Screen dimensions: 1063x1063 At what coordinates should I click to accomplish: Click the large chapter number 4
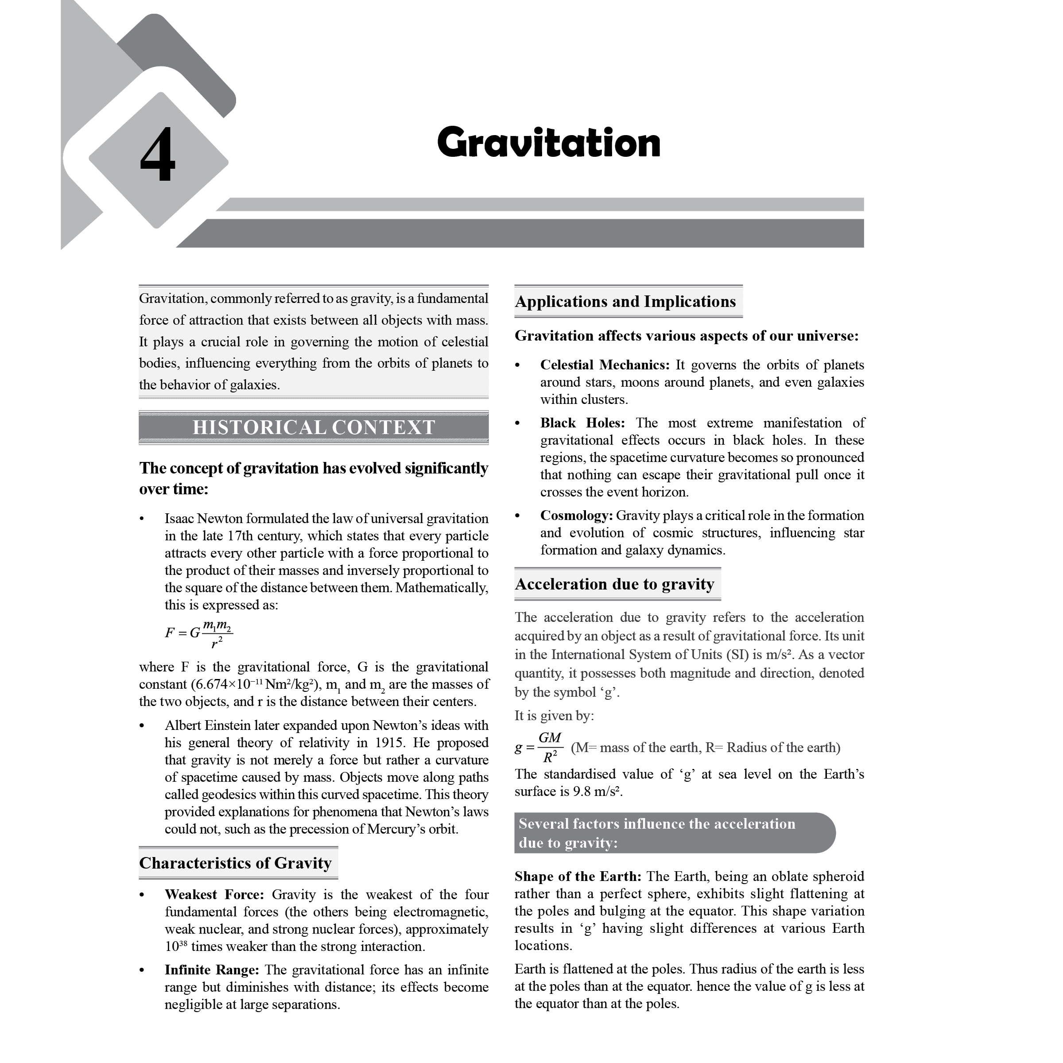pyautogui.click(x=158, y=155)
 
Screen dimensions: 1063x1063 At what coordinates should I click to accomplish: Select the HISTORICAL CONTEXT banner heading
pyautogui.click(x=314, y=427)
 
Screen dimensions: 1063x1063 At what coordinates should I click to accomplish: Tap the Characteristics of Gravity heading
pyautogui.click(x=236, y=863)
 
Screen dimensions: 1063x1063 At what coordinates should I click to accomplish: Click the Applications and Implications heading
pyautogui.click(x=625, y=302)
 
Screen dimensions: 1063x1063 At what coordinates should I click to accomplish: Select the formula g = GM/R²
pyautogui.click(x=539, y=747)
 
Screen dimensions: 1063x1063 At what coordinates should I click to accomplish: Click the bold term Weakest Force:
pyautogui.click(x=214, y=895)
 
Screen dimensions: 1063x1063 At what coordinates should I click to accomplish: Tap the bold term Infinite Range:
pyautogui.click(x=212, y=970)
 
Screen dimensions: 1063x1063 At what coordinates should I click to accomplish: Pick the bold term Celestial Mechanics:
pyautogui.click(x=605, y=365)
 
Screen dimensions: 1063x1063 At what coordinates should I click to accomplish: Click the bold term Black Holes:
pyautogui.click(x=582, y=423)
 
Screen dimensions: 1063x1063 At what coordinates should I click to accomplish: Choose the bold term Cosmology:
pyautogui.click(x=576, y=516)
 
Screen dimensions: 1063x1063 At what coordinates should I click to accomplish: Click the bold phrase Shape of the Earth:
pyautogui.click(x=578, y=876)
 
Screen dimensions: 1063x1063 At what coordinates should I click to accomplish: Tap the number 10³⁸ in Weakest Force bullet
pyautogui.click(x=175, y=947)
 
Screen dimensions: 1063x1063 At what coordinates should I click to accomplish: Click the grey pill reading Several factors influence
pyautogui.click(x=674, y=833)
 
